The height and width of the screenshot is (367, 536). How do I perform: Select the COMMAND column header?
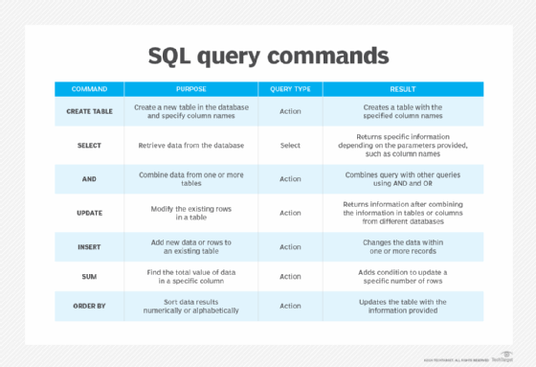click(89, 89)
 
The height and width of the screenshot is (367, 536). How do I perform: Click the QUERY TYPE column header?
click(290, 89)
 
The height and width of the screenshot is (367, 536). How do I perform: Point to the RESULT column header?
click(402, 89)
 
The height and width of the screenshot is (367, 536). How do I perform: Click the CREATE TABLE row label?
click(89, 111)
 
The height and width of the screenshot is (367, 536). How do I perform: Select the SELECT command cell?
click(89, 146)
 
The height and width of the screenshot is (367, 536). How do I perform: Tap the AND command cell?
click(89, 178)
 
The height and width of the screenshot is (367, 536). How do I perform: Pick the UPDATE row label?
click(89, 213)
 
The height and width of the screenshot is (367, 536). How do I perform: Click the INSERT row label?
click(89, 246)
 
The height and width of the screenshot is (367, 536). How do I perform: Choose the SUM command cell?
click(89, 276)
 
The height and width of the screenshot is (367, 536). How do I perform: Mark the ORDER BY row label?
click(89, 307)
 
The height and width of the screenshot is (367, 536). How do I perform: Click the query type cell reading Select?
click(290, 146)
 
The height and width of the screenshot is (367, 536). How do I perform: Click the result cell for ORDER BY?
click(402, 307)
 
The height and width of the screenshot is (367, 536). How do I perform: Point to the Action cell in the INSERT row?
click(290, 246)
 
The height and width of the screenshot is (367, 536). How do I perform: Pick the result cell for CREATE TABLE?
click(402, 111)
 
